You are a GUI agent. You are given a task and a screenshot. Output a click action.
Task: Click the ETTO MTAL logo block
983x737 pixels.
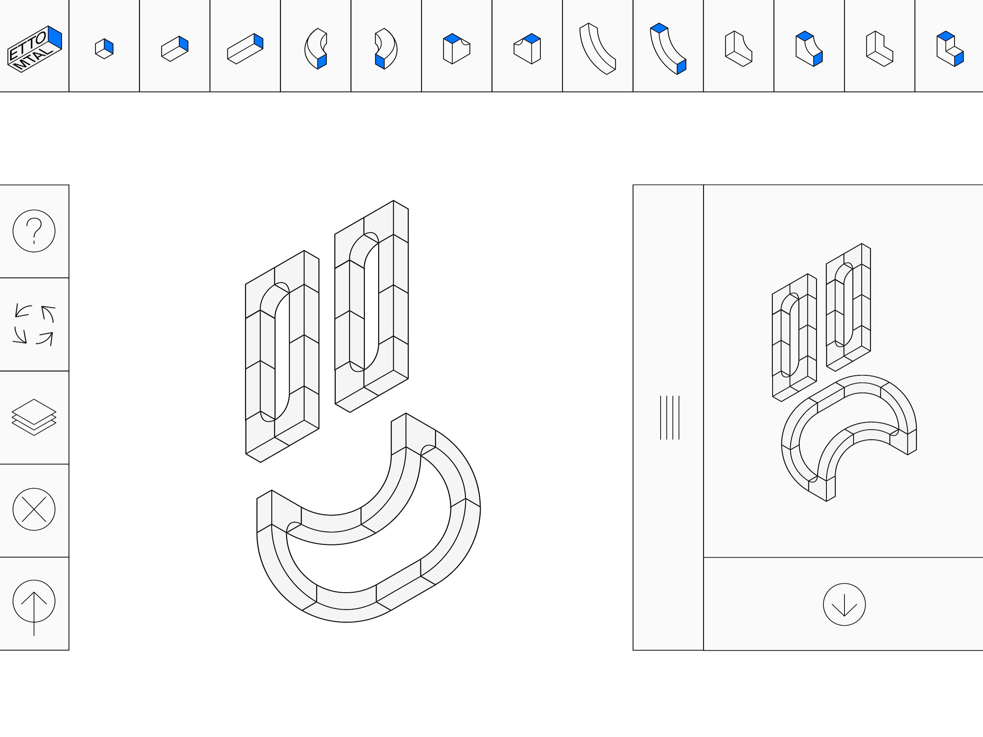point(35,49)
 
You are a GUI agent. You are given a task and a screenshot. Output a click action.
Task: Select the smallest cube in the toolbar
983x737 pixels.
point(104,49)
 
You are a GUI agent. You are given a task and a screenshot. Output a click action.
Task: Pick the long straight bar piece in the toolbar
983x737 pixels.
point(245,49)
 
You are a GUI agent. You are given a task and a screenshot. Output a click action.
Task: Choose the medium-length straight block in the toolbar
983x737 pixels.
point(175,49)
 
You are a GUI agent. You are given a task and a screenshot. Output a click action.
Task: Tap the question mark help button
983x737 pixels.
point(34,231)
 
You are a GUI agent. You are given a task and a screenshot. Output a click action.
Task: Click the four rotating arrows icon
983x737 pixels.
point(34,325)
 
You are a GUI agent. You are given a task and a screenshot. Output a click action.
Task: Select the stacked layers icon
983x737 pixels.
point(34,417)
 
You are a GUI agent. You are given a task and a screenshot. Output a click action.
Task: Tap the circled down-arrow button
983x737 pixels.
point(844,604)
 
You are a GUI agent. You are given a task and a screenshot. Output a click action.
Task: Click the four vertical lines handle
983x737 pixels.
point(670,417)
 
